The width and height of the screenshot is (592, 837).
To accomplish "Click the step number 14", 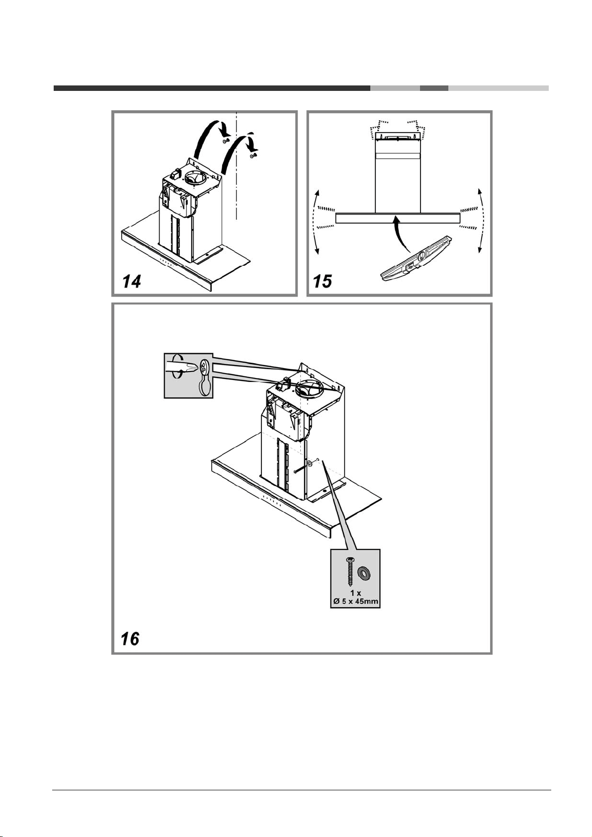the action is pyautogui.click(x=131, y=281).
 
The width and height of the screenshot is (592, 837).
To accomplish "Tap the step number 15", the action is pyautogui.click(x=323, y=281).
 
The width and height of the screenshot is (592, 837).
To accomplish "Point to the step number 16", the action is pyautogui.click(x=130, y=639).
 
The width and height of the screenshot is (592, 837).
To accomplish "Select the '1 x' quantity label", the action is pyautogui.click(x=355, y=594).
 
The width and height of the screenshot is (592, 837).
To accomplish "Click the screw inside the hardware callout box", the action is pyautogui.click(x=350, y=572).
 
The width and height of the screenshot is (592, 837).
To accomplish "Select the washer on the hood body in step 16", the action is pyautogui.click(x=310, y=464).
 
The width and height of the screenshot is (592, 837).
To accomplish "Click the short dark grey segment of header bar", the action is pyautogui.click(x=434, y=88).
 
